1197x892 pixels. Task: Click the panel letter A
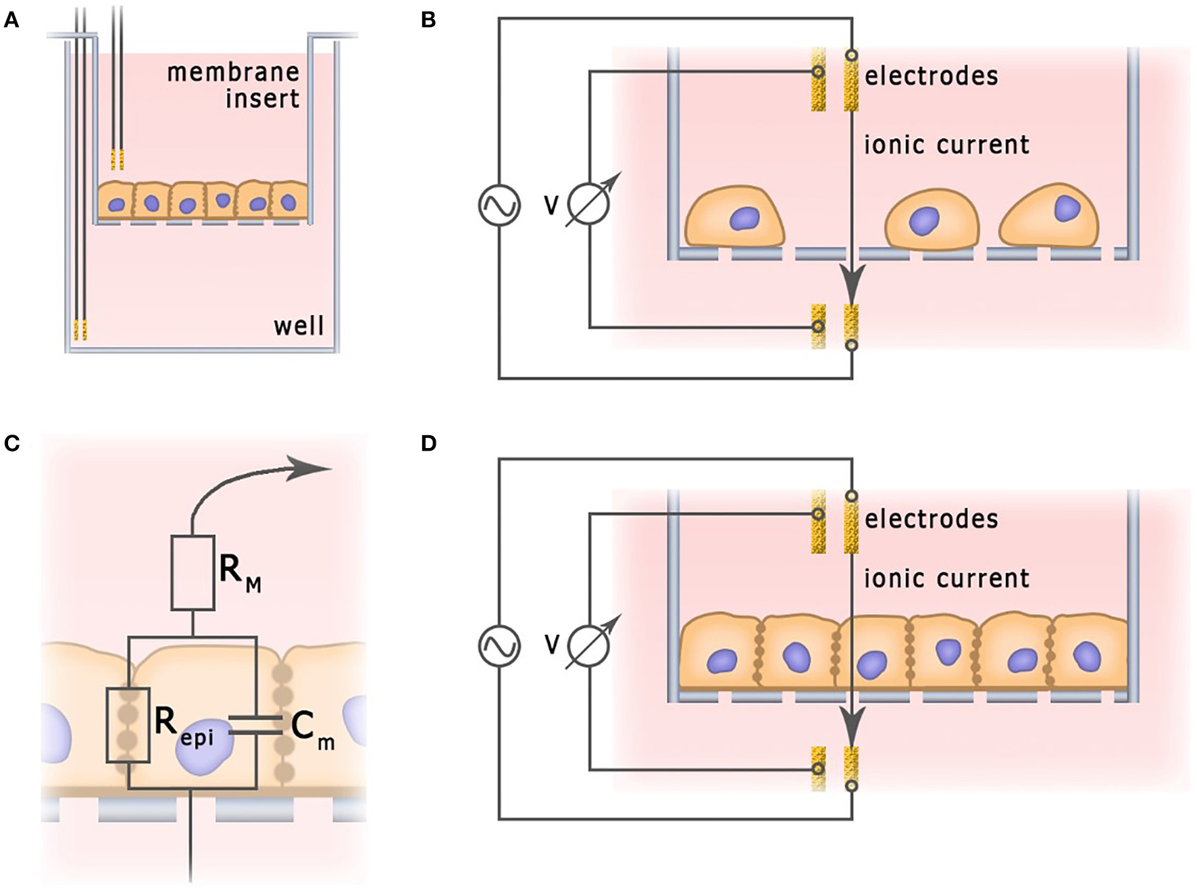tap(11, 20)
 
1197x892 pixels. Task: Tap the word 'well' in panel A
tap(299, 326)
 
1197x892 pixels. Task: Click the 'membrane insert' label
tap(234, 85)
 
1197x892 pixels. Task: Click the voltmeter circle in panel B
tap(588, 203)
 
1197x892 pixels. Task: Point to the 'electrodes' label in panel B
tap(931, 76)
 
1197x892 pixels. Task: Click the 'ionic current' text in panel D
tap(946, 579)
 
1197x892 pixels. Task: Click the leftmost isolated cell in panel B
tap(735, 218)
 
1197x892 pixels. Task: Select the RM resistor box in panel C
tap(193, 573)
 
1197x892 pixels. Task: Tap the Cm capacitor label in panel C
tap(311, 730)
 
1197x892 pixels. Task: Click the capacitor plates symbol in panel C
tap(255, 724)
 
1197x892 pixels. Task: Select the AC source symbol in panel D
tap(499, 645)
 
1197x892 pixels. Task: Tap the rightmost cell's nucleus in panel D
tap(1087, 655)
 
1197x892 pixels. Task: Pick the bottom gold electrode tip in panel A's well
tap(80, 330)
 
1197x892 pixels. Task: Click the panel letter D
tap(428, 443)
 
